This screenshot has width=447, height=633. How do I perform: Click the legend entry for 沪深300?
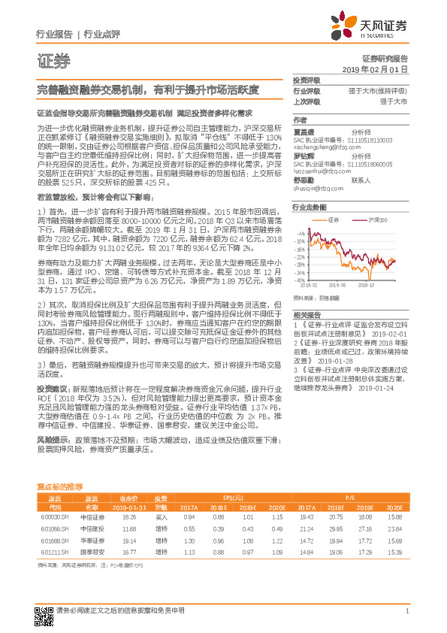coord(377,220)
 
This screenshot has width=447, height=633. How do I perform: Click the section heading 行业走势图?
coord(310,205)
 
